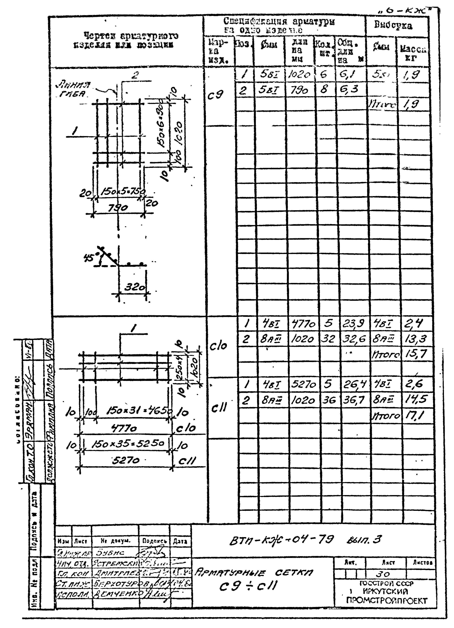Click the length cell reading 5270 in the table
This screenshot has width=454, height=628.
303,384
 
